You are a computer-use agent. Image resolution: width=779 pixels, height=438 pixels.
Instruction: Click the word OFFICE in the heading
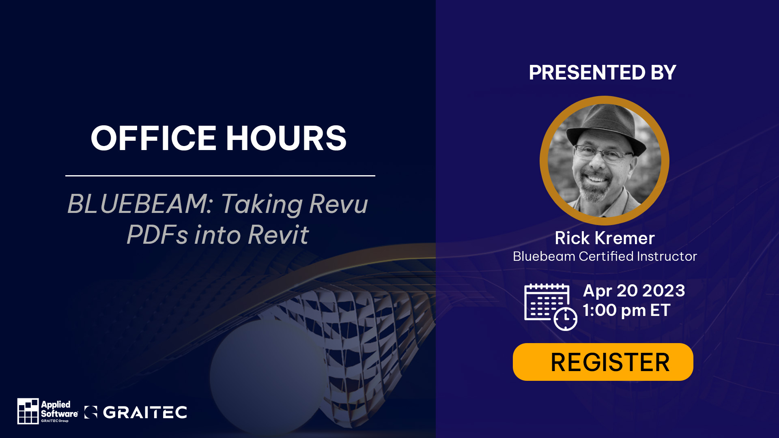pyautogui.click(x=153, y=138)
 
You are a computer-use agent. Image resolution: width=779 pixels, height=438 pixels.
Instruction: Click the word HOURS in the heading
pyautogui.click(x=286, y=138)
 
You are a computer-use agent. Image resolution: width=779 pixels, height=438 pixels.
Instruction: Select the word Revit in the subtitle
pyautogui.click(x=278, y=235)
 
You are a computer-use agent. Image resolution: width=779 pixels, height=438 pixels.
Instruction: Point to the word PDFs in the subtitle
pyautogui.click(x=157, y=235)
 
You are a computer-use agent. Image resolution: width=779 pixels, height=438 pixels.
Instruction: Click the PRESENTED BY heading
pyautogui.click(x=603, y=73)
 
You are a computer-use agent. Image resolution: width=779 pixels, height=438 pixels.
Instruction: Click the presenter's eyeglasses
pyautogui.click(x=604, y=153)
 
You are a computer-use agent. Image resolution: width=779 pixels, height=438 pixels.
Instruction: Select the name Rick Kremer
pyautogui.click(x=605, y=238)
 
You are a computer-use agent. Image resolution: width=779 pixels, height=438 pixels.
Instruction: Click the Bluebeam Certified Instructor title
pyautogui.click(x=605, y=256)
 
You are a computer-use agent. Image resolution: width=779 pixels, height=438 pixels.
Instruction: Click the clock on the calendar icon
pyautogui.click(x=565, y=319)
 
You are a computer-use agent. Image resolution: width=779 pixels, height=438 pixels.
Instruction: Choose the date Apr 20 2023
pyautogui.click(x=634, y=291)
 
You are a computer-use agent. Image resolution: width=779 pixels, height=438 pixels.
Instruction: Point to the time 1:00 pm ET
pyautogui.click(x=626, y=310)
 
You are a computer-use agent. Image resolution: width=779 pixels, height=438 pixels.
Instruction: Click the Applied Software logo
pyautogui.click(x=48, y=411)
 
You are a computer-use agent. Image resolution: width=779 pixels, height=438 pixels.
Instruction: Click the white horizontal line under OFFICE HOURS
pyautogui.click(x=220, y=176)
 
